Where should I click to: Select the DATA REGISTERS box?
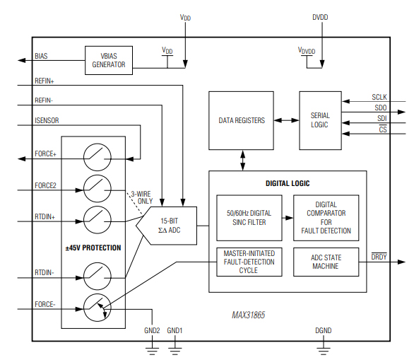coord(242,120)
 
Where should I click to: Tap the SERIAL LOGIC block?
coord(320,120)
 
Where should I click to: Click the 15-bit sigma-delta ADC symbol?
coord(167,226)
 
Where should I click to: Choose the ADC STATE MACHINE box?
coord(325,262)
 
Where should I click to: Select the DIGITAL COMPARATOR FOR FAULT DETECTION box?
coord(325,217)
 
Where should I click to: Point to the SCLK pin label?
coord(379,97)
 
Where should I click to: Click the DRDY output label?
coord(379,256)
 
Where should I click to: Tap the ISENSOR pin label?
coord(48,121)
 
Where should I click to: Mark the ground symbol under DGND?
coord(323,347)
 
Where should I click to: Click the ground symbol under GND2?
coord(152,347)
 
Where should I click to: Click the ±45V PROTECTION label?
coord(93,248)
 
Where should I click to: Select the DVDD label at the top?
coord(320,17)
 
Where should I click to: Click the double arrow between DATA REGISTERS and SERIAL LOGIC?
coord(286,120)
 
